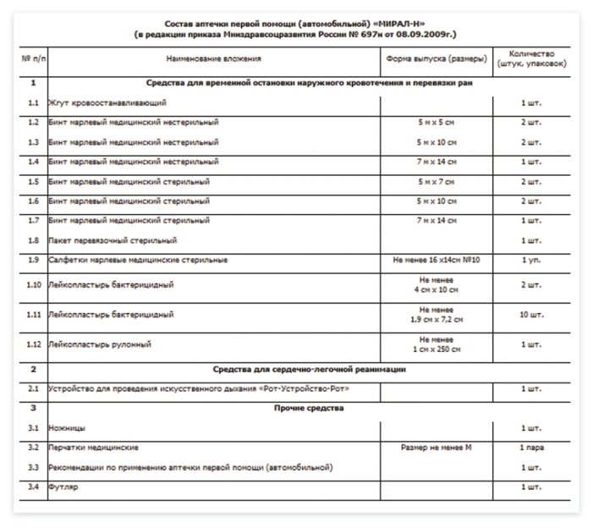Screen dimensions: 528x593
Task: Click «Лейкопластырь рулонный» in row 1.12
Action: point(100,344)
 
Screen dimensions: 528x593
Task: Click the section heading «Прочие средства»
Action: point(308,408)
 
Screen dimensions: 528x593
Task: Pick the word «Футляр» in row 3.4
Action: point(63,487)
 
